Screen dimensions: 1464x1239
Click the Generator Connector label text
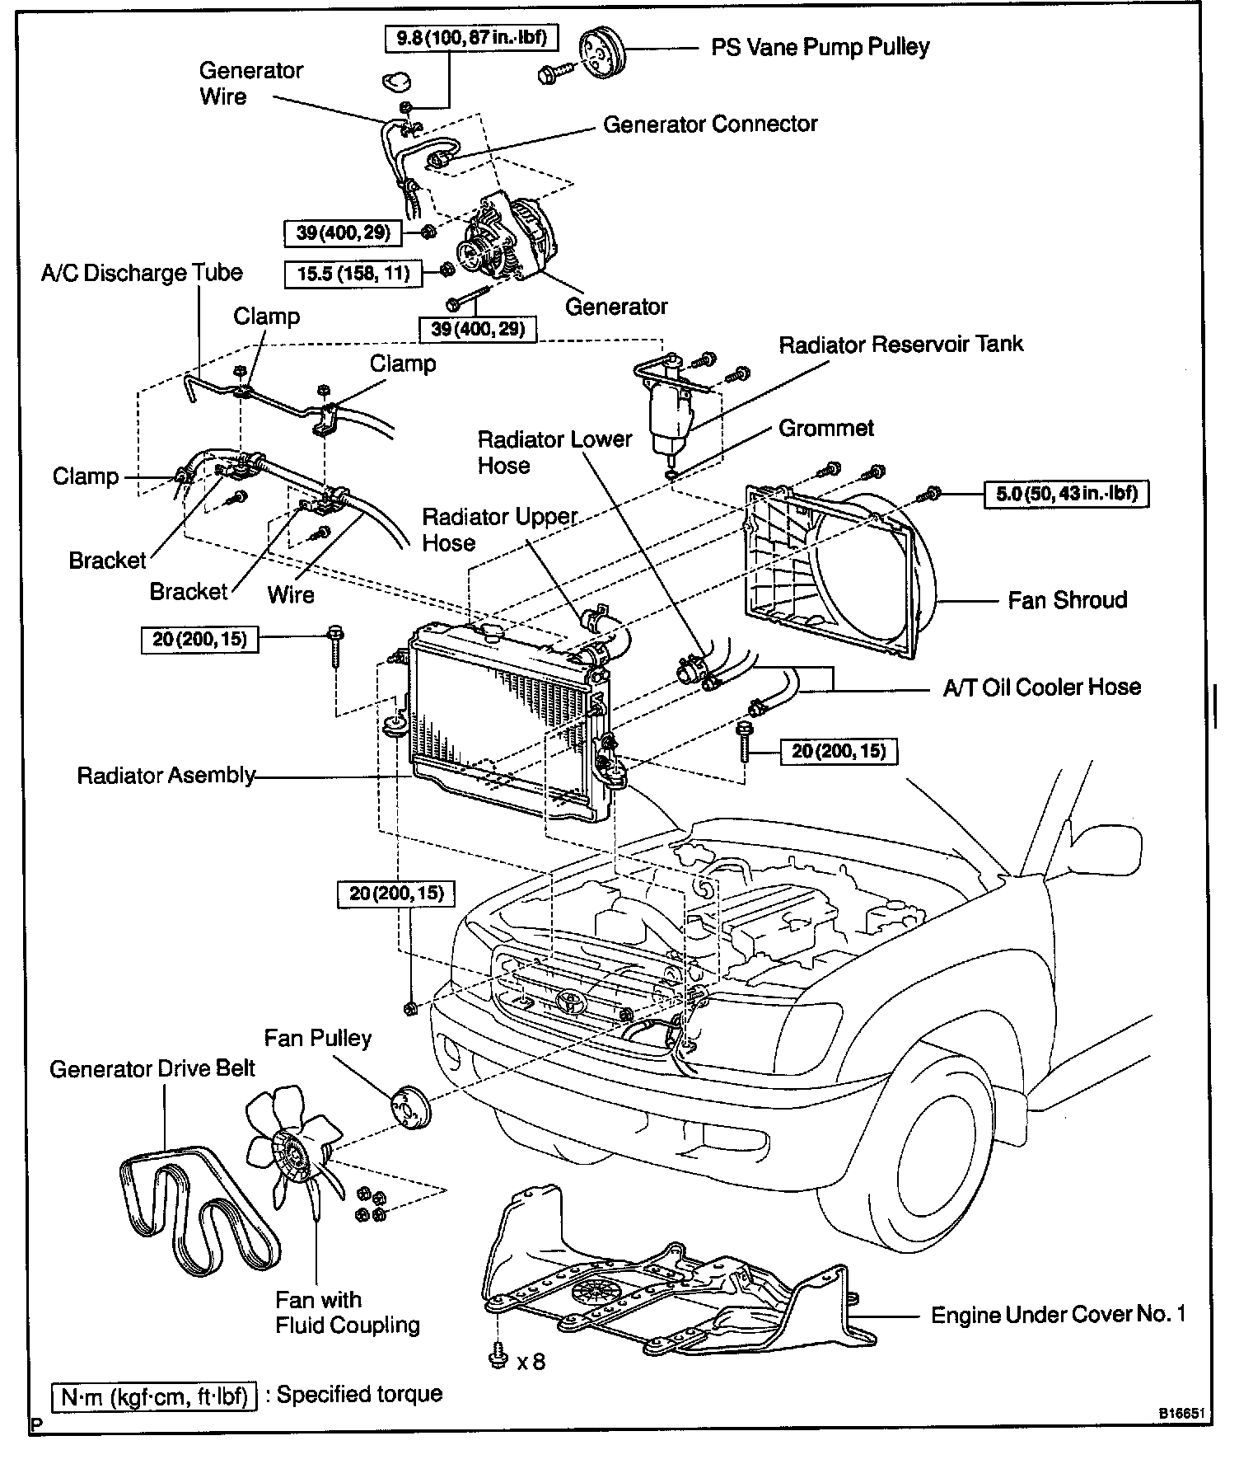tap(710, 124)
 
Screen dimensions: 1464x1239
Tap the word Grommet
tap(825, 429)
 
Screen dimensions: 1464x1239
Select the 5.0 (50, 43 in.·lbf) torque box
tap(1067, 494)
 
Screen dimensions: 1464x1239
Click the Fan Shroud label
tap(1067, 600)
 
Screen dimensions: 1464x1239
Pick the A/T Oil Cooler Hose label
tap(1042, 687)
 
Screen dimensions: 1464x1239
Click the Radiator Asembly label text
tap(166, 776)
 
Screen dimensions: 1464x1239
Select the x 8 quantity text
tap(531, 1361)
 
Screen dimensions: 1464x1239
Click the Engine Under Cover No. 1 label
tap(1058, 1315)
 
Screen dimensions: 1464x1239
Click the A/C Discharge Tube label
tap(142, 274)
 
